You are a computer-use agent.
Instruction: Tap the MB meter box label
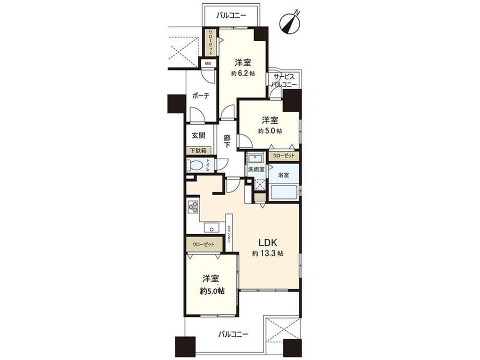(x=208, y=64)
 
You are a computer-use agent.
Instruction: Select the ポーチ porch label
(x=200, y=96)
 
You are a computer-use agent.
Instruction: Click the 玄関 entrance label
(x=198, y=135)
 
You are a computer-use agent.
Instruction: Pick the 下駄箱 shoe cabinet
(x=199, y=151)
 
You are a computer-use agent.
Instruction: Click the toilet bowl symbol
(x=195, y=165)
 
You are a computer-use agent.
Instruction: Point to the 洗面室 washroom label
(x=256, y=169)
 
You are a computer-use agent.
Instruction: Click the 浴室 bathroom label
(x=283, y=175)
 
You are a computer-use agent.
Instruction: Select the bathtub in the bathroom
(x=284, y=192)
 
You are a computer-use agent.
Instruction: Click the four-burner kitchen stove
(x=193, y=207)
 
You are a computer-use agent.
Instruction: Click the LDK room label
(x=268, y=243)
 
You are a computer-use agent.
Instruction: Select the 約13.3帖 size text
(x=268, y=254)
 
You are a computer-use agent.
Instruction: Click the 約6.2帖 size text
(x=243, y=74)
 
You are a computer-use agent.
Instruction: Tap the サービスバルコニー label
(x=284, y=81)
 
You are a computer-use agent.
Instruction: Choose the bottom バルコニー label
(x=233, y=334)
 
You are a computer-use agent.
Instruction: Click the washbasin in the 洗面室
(x=255, y=159)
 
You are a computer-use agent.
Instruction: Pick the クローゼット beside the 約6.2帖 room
(x=211, y=42)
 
